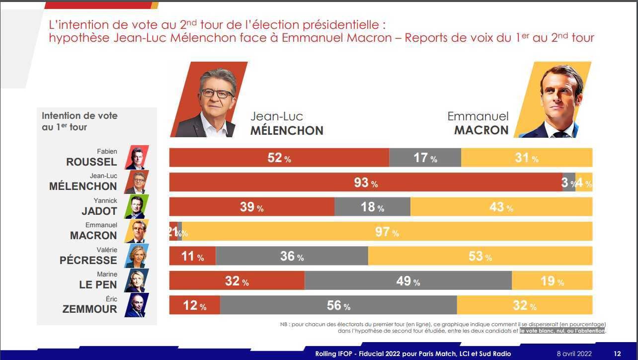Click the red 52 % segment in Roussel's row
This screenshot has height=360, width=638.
[279, 158]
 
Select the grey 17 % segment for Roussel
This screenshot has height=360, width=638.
[425, 158]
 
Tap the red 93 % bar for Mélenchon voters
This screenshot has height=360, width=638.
[365, 182]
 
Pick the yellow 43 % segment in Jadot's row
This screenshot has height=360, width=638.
[501, 207]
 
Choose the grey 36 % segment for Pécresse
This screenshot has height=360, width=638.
[292, 256]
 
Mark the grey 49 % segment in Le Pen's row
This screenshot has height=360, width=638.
[408, 281]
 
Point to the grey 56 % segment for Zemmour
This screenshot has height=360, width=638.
[338, 305]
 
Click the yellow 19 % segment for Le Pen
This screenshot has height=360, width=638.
[552, 281]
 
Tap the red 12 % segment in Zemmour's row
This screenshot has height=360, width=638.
[194, 305]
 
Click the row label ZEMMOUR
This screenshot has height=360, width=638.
[90, 309]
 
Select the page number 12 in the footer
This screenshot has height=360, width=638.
[617, 354]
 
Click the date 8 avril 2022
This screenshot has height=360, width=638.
[574, 354]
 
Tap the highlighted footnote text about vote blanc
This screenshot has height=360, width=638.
[562, 331]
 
